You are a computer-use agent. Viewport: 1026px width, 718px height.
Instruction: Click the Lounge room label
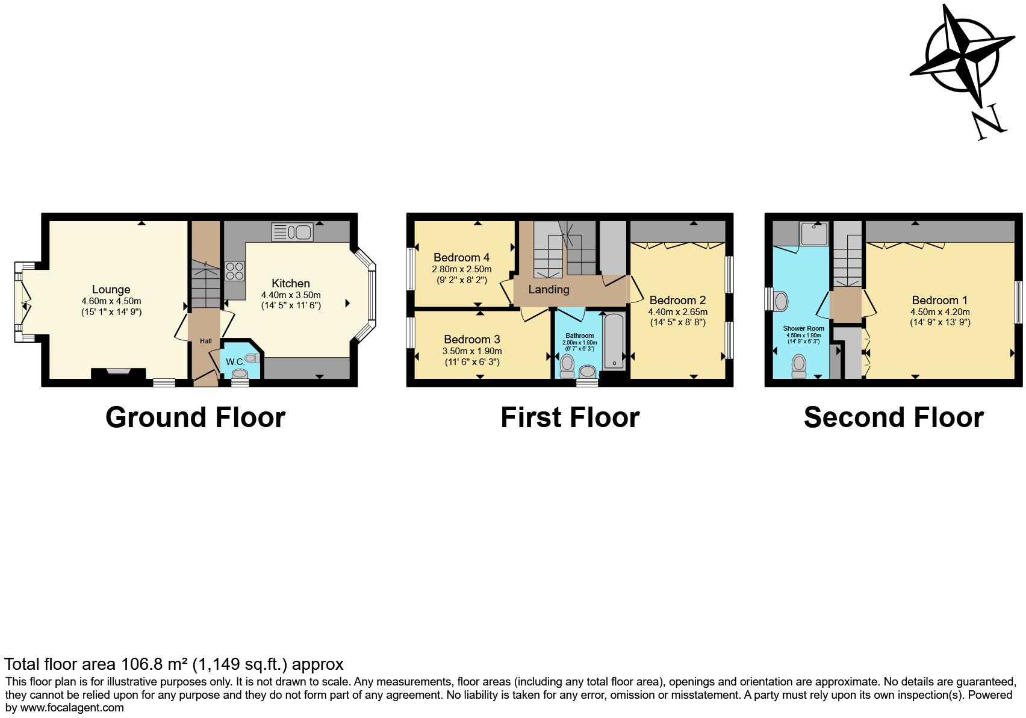click(x=111, y=290)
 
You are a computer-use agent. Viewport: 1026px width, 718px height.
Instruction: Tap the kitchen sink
click(x=292, y=232)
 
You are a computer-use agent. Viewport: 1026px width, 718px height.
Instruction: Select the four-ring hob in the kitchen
click(x=235, y=271)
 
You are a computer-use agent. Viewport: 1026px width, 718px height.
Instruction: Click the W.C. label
click(x=235, y=362)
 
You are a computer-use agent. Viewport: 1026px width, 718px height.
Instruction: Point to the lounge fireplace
click(x=118, y=373)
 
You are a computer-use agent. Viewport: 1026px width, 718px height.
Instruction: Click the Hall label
click(x=206, y=341)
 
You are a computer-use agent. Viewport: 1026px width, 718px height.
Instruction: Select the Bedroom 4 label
click(x=461, y=258)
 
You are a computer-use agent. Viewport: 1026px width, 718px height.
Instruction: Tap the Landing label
click(x=549, y=290)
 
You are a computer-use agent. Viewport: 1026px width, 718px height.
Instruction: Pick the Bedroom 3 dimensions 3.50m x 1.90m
click(x=472, y=351)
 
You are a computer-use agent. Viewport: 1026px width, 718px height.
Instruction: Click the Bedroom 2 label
click(x=677, y=301)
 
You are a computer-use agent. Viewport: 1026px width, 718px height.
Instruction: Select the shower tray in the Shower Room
click(x=814, y=234)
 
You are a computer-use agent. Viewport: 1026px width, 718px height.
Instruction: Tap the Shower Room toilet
click(x=799, y=366)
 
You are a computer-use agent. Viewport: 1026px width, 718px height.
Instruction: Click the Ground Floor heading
click(x=195, y=417)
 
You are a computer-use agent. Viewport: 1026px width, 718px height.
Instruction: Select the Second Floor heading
click(x=894, y=417)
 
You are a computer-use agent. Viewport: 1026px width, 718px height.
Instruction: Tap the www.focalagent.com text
click(x=72, y=708)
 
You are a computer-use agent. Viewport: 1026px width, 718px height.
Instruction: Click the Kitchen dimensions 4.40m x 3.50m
click(x=291, y=295)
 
